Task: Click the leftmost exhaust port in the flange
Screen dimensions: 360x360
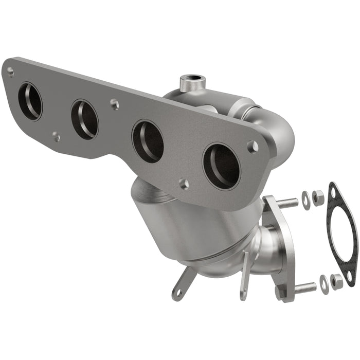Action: (30, 101)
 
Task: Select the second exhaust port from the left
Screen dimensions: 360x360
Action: (84, 119)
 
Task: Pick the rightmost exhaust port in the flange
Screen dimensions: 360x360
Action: (221, 166)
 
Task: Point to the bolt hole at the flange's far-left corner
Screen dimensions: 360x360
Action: (10, 72)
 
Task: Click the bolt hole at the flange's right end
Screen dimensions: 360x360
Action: (253, 147)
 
